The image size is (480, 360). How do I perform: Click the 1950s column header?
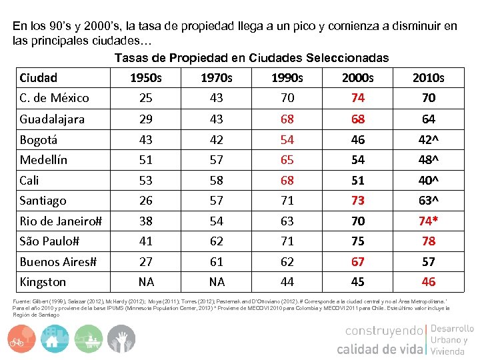(x=145, y=78)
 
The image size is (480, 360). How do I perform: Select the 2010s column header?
(x=428, y=78)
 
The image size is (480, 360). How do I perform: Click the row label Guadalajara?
(x=52, y=119)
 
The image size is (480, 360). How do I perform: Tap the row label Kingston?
(x=43, y=282)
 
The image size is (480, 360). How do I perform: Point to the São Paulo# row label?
(x=49, y=241)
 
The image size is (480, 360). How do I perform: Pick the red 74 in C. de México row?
(x=358, y=98)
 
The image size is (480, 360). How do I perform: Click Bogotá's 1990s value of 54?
(x=287, y=140)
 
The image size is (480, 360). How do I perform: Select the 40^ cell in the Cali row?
(x=429, y=181)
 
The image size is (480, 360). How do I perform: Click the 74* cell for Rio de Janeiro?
(x=429, y=221)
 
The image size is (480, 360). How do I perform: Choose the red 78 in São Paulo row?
(x=429, y=241)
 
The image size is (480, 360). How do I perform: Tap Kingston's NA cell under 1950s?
(x=145, y=282)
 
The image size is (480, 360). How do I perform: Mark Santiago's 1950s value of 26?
(x=145, y=201)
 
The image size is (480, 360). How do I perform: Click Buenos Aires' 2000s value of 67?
(x=358, y=262)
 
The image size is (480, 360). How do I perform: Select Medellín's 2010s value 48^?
(x=429, y=160)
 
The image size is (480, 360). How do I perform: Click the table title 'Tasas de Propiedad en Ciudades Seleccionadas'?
(x=251, y=58)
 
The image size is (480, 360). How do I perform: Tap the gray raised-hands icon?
(x=121, y=339)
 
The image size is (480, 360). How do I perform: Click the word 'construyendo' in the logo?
(x=384, y=331)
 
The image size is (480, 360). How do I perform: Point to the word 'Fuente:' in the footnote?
(x=21, y=302)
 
